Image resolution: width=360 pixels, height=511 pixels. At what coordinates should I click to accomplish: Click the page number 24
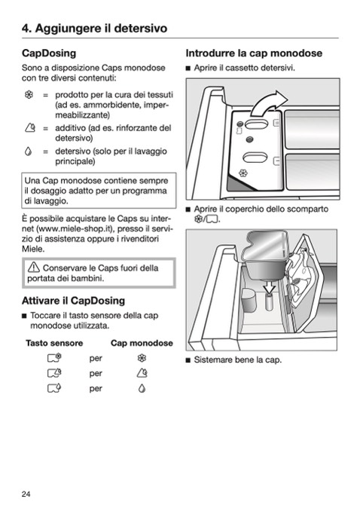point(26,494)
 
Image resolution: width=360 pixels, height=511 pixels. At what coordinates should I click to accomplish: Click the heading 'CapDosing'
point(49,53)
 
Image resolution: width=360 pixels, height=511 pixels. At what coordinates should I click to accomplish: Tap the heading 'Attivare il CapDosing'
point(73,301)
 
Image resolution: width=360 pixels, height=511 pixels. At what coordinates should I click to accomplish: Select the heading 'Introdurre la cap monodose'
point(254,53)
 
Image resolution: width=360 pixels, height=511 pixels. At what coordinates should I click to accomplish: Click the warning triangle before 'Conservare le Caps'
point(34,268)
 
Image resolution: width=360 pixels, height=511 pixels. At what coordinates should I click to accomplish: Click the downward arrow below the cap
point(270,287)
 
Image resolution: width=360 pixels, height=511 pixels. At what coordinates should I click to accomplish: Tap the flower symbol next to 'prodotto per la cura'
point(29,95)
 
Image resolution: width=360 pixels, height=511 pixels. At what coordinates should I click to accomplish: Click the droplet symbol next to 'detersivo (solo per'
point(29,151)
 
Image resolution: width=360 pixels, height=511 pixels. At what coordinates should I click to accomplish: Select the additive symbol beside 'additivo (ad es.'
point(29,128)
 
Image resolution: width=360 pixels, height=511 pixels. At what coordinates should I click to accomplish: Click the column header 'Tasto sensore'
point(54,343)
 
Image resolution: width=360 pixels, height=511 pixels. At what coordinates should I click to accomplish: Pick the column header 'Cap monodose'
point(142,343)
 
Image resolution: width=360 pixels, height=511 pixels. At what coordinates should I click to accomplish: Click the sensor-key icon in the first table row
point(54,358)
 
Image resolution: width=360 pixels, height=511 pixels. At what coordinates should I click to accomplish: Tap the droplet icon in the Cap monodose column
point(142,388)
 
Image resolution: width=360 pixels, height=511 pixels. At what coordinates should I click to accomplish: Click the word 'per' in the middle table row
point(96,374)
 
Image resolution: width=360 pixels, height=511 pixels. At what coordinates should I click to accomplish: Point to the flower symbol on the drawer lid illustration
point(243,173)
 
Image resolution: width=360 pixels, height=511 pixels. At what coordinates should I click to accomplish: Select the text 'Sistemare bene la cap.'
point(238,360)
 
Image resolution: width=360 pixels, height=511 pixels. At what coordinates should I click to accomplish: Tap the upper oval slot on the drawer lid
point(256,124)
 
